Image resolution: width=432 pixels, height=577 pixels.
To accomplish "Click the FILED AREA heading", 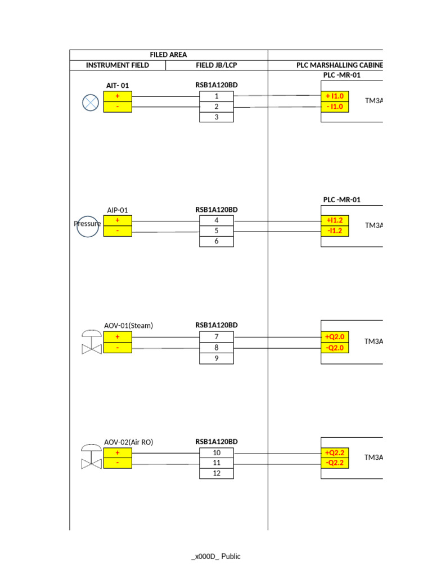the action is (168, 55).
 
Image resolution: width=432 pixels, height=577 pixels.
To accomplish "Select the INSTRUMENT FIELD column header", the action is (118, 65).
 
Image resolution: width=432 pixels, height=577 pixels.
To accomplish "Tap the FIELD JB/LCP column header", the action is (217, 65).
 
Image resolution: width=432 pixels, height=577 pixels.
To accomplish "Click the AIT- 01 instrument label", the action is (118, 86).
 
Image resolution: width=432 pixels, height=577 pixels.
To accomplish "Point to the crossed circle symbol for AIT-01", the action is (91, 103).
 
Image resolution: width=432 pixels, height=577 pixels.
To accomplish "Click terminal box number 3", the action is (217, 117).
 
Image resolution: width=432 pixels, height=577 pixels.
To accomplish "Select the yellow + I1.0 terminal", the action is (335, 96).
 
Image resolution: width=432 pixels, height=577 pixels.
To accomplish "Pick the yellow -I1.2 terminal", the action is (335, 231).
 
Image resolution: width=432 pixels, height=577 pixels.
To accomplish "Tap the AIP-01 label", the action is (118, 210).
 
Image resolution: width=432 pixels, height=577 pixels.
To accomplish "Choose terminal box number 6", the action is (217, 241).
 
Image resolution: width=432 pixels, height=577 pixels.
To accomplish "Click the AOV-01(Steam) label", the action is (129, 326).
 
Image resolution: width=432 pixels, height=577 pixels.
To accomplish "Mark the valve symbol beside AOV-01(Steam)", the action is (92, 342).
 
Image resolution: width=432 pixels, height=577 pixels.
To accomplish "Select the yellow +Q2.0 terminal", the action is (335, 337).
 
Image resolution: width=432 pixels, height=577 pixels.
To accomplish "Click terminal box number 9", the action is (217, 358).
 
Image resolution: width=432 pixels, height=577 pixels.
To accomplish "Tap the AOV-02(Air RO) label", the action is (129, 442).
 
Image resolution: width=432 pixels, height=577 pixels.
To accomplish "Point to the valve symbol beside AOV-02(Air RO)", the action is (92, 456).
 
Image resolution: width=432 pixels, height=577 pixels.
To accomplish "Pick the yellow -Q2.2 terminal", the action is (335, 463).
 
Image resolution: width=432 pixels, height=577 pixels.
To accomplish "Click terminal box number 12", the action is (217, 473).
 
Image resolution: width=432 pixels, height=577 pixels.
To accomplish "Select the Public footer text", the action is (231, 556).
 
